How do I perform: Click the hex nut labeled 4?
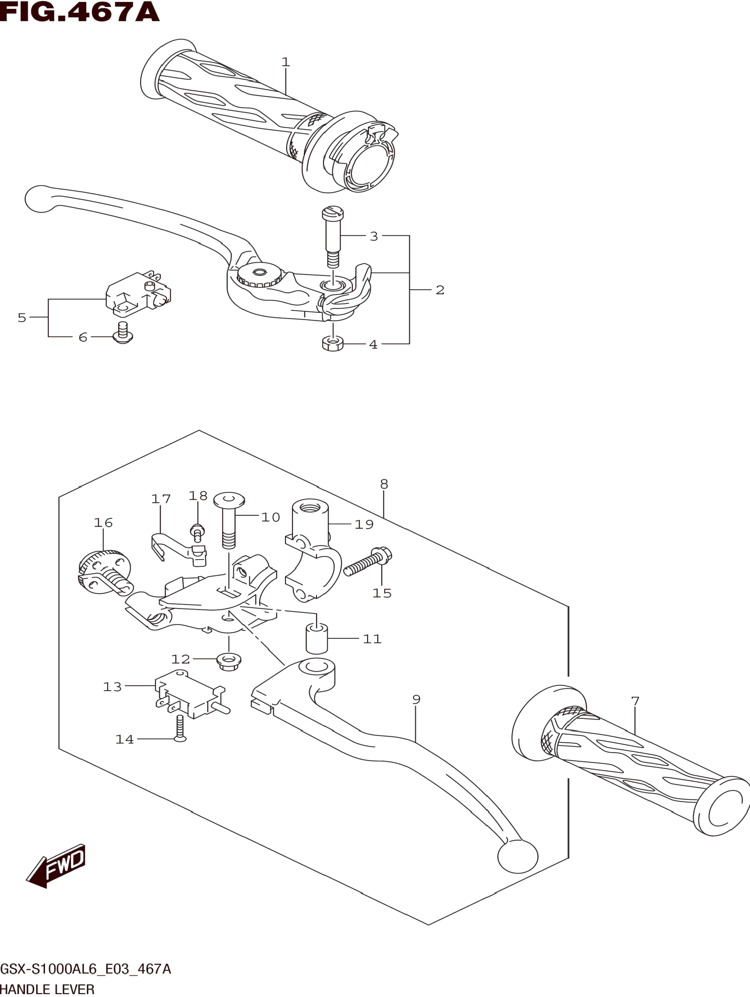(x=332, y=345)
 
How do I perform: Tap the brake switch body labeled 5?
(x=138, y=293)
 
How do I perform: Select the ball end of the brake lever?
(x=40, y=198)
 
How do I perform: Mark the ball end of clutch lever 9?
(x=517, y=856)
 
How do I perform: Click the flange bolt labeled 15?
(x=367, y=562)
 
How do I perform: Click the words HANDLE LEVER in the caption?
(x=47, y=989)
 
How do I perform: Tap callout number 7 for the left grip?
(x=635, y=701)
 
